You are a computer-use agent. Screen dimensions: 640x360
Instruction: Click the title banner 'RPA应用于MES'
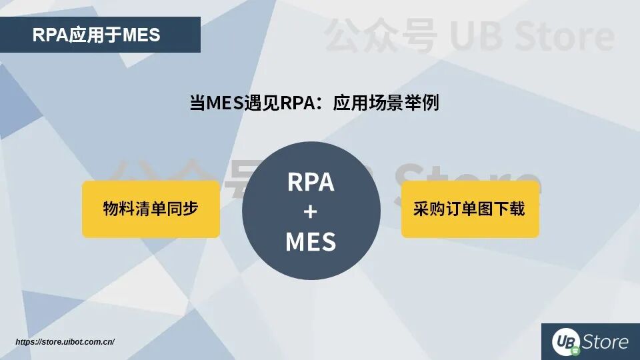(x=100, y=35)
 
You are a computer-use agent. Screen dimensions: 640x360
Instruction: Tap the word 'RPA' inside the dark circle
(x=311, y=181)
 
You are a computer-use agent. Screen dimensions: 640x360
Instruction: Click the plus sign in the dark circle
(x=311, y=212)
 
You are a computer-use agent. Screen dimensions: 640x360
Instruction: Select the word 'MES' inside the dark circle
(x=311, y=241)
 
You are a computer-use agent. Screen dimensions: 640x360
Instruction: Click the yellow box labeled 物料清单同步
(x=151, y=209)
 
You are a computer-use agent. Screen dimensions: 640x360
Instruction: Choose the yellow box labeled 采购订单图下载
(x=469, y=209)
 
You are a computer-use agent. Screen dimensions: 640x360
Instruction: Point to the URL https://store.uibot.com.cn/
(x=65, y=342)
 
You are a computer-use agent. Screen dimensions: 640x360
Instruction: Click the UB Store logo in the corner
(x=590, y=342)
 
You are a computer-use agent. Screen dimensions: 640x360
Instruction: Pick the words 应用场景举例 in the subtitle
(x=386, y=104)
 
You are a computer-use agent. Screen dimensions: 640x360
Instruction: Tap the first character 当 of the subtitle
(x=197, y=104)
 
